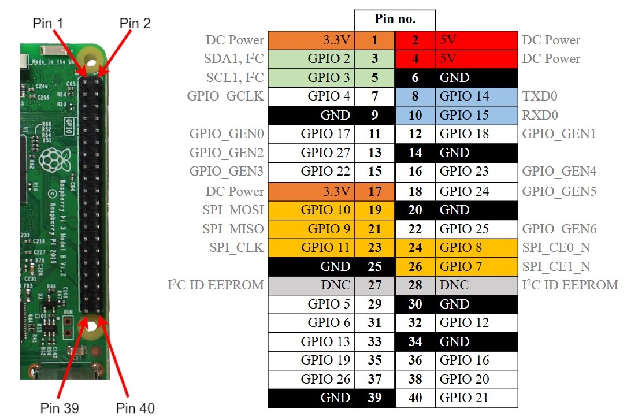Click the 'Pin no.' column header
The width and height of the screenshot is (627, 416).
(395, 18)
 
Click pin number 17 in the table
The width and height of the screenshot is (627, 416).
(374, 191)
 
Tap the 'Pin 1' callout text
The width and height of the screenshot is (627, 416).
(48, 23)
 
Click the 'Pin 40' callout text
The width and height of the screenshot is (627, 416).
(135, 408)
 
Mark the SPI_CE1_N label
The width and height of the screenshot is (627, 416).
(556, 266)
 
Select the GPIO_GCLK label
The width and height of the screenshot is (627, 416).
(225, 96)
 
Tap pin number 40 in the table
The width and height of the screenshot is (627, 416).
(415, 398)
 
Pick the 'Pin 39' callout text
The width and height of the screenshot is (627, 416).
(60, 408)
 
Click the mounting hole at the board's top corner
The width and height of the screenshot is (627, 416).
(90, 58)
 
